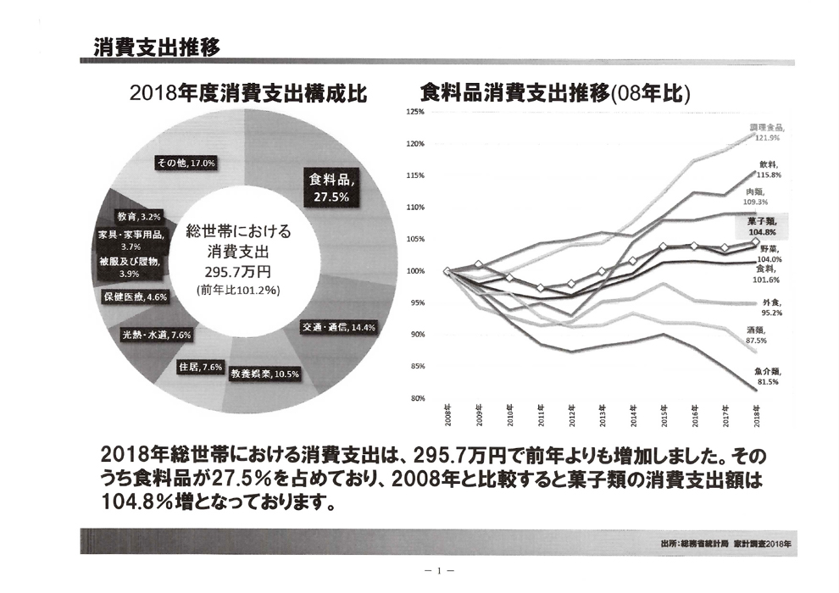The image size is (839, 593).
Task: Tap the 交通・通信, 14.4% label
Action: click(x=339, y=327)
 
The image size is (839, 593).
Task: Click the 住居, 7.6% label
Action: click(x=201, y=367)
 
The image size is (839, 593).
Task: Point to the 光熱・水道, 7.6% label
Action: click(x=158, y=335)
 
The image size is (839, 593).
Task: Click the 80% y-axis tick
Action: click(x=416, y=398)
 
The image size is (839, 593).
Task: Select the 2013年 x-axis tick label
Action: click(x=602, y=415)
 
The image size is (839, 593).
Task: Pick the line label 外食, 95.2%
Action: click(x=770, y=308)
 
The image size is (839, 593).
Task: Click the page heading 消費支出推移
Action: click(x=157, y=47)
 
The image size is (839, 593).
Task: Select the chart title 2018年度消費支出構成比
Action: click(x=247, y=93)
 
